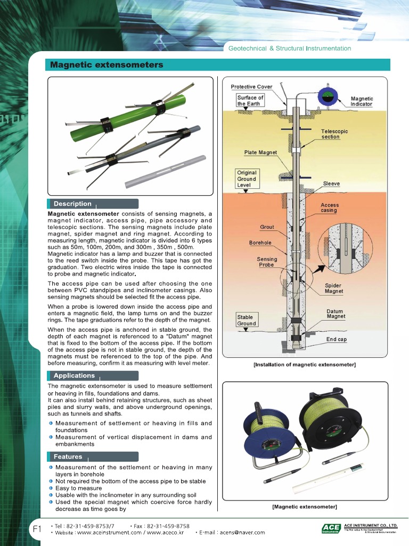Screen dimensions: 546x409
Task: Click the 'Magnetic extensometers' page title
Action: (x=107, y=65)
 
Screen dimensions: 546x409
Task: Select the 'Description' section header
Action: (x=72, y=204)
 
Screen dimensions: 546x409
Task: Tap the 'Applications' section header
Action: (x=74, y=375)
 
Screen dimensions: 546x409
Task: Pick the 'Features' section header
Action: (x=68, y=456)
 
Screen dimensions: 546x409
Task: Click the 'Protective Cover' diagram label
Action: (x=251, y=87)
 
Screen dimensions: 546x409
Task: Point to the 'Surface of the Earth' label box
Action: (x=250, y=101)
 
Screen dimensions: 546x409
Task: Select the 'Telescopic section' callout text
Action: (x=334, y=134)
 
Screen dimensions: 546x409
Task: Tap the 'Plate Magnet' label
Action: (x=260, y=152)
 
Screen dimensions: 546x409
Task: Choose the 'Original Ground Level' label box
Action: (x=247, y=179)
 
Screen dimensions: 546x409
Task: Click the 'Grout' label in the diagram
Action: (x=267, y=227)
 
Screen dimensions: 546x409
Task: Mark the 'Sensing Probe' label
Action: (x=267, y=262)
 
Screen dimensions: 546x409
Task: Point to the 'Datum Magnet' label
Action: (x=336, y=314)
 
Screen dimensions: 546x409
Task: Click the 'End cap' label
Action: (x=337, y=339)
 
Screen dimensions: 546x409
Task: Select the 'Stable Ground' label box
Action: (x=247, y=320)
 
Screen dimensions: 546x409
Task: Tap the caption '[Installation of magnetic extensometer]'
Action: (x=305, y=365)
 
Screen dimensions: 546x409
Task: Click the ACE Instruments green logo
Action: (x=331, y=528)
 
